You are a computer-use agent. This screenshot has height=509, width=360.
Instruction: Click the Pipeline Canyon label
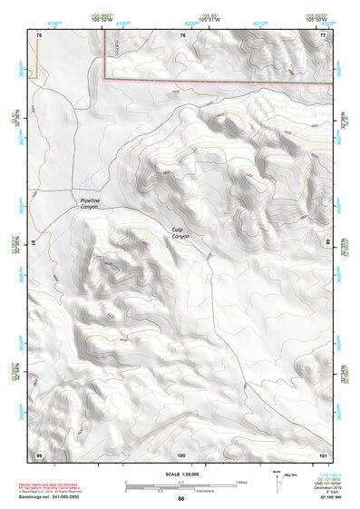[88, 204]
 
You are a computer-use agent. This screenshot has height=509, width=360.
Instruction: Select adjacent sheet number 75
[39, 34]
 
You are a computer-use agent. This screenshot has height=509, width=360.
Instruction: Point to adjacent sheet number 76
[182, 34]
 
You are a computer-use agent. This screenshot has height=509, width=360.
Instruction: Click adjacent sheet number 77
[322, 34]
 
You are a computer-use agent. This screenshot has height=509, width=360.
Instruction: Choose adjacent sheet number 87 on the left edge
[33, 243]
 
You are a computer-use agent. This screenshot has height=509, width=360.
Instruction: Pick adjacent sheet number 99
[39, 454]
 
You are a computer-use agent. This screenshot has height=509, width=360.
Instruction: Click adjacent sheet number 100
[181, 454]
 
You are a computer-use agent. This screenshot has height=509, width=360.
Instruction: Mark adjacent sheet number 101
[322, 454]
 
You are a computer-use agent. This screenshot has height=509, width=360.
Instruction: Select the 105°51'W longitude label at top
[210, 18]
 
